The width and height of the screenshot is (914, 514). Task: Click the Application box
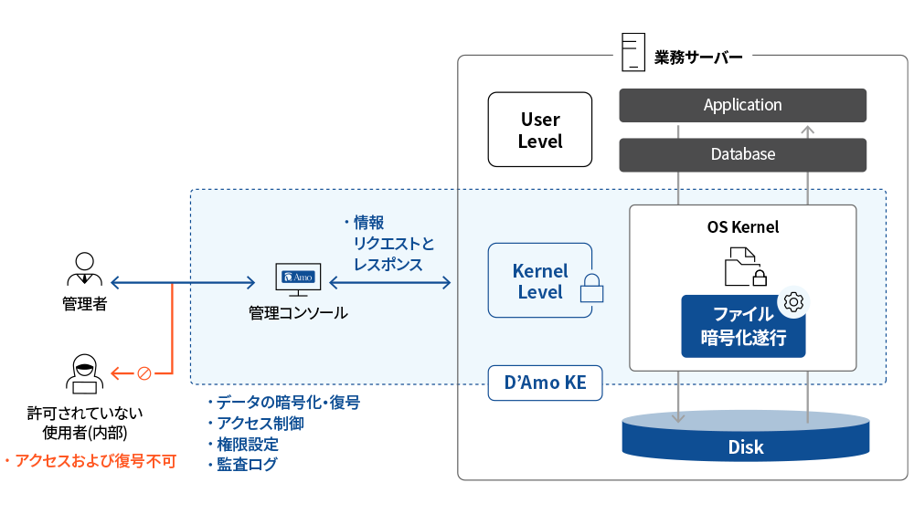[x=742, y=105]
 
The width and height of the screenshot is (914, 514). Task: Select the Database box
[x=742, y=154]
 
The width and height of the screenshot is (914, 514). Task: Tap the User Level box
[x=539, y=131]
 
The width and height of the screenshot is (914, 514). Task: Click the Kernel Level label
[x=540, y=281]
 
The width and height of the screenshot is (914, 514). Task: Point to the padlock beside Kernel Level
[x=592, y=288]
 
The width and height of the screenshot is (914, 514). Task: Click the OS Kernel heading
[x=742, y=226]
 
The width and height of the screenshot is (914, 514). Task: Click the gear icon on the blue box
[x=792, y=301]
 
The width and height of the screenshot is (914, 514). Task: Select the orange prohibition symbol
[x=143, y=372]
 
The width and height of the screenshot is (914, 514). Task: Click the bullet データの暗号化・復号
[x=287, y=403]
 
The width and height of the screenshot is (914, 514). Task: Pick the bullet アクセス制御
[x=260, y=424]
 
